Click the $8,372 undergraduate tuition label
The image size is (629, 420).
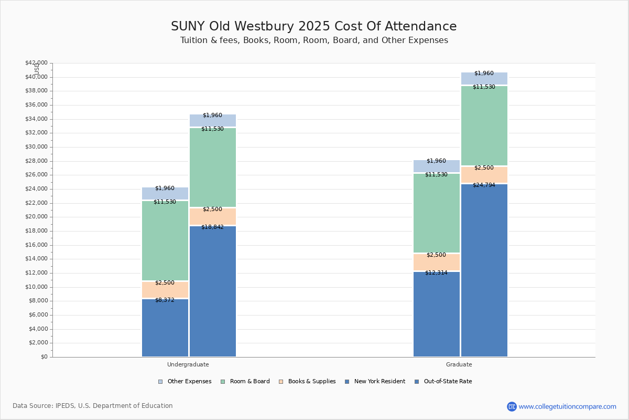165,300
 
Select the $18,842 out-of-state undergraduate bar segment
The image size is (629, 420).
213,291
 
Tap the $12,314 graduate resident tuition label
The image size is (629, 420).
436,272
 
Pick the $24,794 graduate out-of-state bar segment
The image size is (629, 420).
484,270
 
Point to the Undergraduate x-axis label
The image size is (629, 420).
188,364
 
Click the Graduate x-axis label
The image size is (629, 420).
459,364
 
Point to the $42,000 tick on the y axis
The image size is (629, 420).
36,63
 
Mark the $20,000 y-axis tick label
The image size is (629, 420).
36,217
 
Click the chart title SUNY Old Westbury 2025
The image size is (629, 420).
313,27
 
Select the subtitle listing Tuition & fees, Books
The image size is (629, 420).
313,40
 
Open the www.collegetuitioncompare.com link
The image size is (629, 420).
567,406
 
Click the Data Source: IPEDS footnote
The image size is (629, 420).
93,406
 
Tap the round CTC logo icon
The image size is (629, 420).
512,406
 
